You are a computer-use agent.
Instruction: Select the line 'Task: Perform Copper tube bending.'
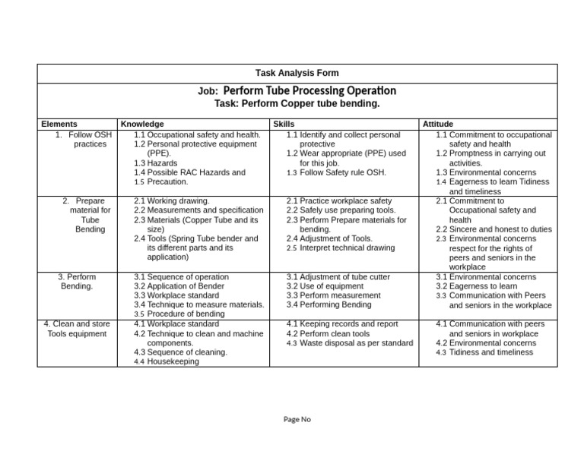[x=298, y=103]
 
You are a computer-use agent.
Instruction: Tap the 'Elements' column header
[x=59, y=124]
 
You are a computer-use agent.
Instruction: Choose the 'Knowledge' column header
[x=142, y=124]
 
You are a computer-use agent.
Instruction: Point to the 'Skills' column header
[x=283, y=124]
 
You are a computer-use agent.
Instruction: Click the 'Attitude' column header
[x=437, y=124]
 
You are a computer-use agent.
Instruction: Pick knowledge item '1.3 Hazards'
[x=155, y=163]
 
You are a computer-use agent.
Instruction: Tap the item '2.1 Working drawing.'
[x=171, y=201]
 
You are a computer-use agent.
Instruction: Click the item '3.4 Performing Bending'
[x=329, y=305]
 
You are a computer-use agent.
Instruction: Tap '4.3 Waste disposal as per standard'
[x=350, y=343]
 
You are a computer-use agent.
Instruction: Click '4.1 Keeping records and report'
[x=342, y=324]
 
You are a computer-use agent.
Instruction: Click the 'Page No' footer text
[x=297, y=419]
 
